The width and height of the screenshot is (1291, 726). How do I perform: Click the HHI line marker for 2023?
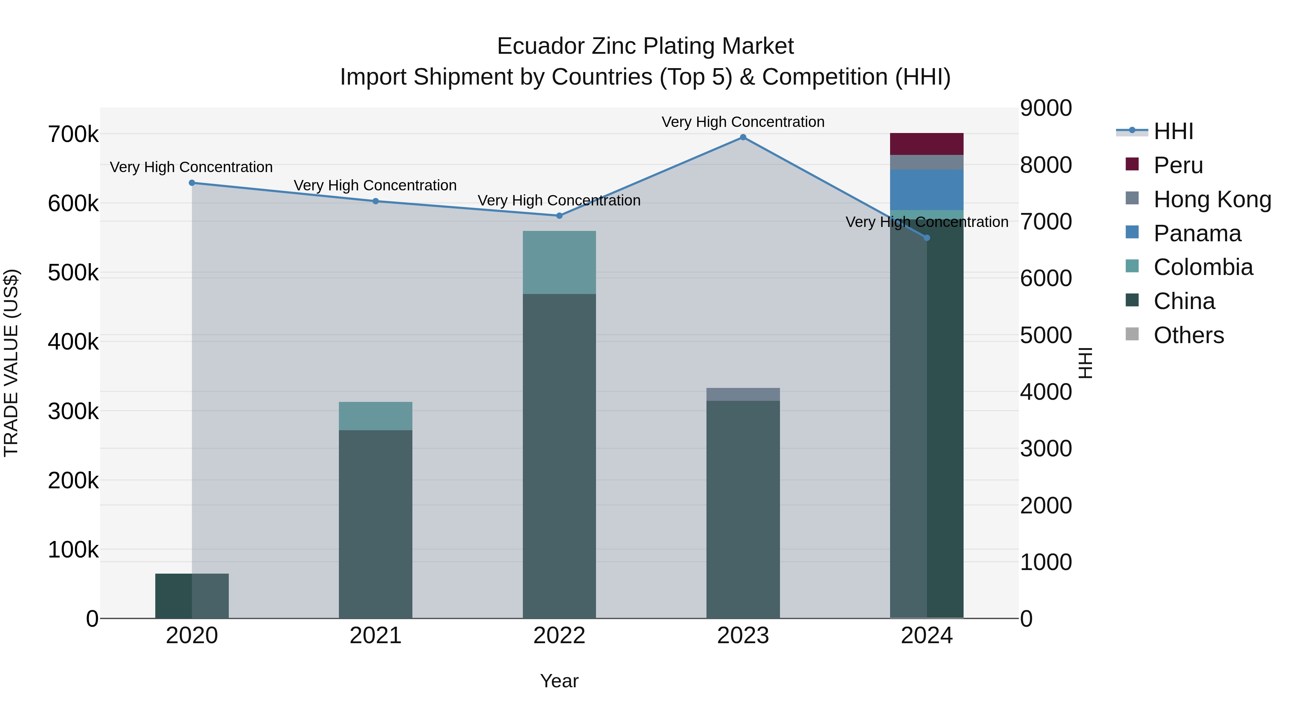coord(743,137)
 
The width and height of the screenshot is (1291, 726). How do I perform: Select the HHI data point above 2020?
coord(192,183)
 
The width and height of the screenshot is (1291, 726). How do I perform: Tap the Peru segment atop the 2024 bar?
coord(926,144)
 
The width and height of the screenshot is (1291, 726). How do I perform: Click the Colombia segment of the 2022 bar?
coord(559,262)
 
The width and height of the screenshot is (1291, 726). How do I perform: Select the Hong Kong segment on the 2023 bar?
coord(743,394)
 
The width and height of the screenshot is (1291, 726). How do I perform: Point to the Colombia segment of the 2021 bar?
coord(375,416)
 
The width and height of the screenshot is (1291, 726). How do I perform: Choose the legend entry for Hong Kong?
coord(1212,199)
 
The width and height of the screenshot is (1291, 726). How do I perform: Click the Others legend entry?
coord(1188,335)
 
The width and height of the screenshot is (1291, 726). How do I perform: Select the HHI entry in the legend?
coord(1173,131)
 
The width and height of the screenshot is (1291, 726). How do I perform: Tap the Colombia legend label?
coord(1203,267)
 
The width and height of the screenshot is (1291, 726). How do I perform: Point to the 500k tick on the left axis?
coord(73,273)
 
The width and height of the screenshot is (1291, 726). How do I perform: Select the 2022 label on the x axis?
coord(559,636)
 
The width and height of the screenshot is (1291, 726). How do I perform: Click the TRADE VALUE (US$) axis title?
coord(11,363)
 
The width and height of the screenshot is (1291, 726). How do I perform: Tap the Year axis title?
coord(559,681)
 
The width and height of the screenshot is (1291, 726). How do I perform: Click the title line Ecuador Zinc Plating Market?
coord(645,46)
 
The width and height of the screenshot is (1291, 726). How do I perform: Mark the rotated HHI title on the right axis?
coord(1086,363)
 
